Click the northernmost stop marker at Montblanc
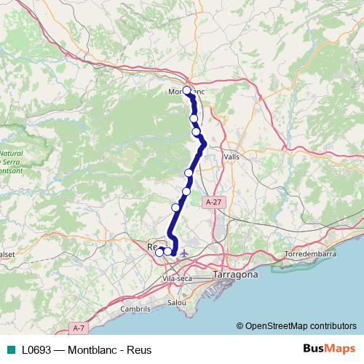pos(187,90)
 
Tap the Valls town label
pos(232,157)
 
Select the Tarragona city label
pos(235,275)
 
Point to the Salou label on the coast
pos(177,301)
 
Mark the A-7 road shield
pos(79,328)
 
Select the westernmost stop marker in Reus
pos(159,252)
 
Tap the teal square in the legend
pos(10,350)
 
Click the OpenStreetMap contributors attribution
pos(301,325)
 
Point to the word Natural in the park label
pos(11,154)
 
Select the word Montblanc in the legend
pos(98,350)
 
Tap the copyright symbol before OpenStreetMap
pos(240,325)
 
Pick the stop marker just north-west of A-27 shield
pos(187,191)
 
